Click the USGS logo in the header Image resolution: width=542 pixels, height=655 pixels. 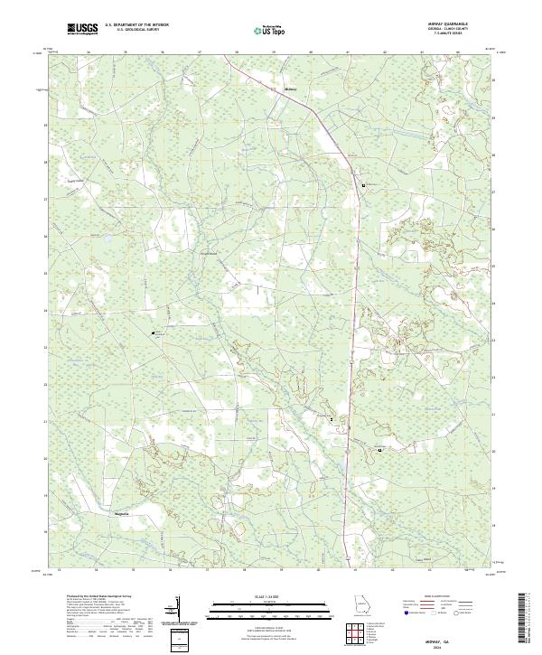(x=84, y=30)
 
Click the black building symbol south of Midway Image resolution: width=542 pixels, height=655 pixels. (x=364, y=184)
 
